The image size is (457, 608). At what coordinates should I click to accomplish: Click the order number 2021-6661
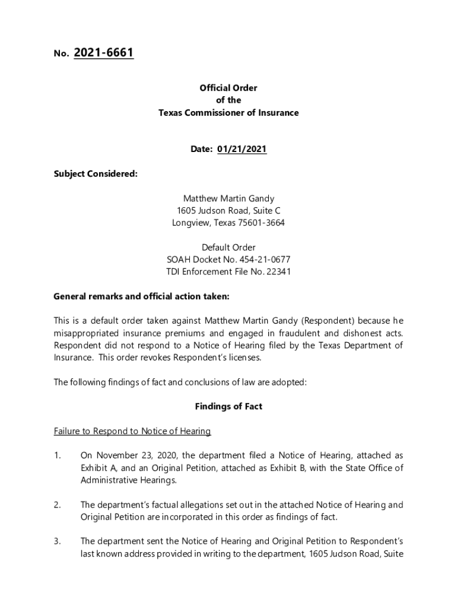point(103,53)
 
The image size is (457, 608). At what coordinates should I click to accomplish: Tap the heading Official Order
point(228,88)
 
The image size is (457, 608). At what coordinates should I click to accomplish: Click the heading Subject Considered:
point(95,174)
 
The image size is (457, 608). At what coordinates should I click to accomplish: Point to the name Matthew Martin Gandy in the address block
point(228,198)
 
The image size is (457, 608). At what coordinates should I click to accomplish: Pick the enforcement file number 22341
point(278,272)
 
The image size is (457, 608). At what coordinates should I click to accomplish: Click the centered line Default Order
point(228,248)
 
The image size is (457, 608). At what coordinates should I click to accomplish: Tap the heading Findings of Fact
point(228,407)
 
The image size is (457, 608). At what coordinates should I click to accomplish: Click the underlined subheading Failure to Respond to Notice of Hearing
point(132,431)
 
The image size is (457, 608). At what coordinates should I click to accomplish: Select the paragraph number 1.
point(57,455)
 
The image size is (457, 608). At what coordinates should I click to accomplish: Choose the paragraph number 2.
point(57,505)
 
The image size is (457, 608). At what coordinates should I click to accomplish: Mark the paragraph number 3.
point(57,541)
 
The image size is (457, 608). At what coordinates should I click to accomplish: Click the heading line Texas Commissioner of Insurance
point(228,113)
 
